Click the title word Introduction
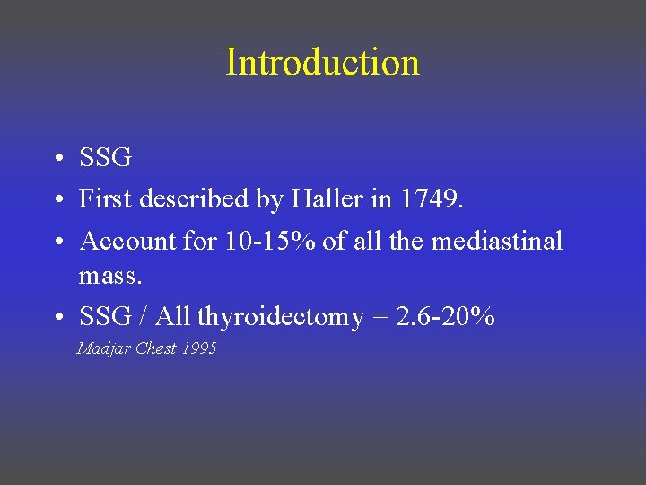[x=322, y=63]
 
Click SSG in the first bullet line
[x=105, y=158]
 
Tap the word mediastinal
[x=497, y=241]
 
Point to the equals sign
[x=380, y=317]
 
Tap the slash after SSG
[x=144, y=316]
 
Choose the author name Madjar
[x=103, y=348]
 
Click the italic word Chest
[x=156, y=348]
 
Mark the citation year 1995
[x=198, y=348]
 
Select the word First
[x=102, y=199]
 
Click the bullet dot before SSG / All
[x=57, y=318]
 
